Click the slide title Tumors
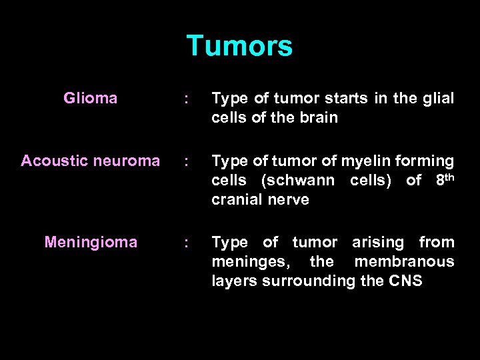(x=239, y=46)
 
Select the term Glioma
(x=91, y=99)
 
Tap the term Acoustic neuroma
(x=91, y=161)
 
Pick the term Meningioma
(x=91, y=242)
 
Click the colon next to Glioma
(x=187, y=100)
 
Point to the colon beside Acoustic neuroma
(x=187, y=162)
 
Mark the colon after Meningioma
(x=187, y=243)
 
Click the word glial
(x=438, y=99)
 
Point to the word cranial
(x=237, y=200)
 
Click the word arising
(x=378, y=242)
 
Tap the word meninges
(x=245, y=262)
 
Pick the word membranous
(x=404, y=261)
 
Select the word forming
(x=430, y=161)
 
